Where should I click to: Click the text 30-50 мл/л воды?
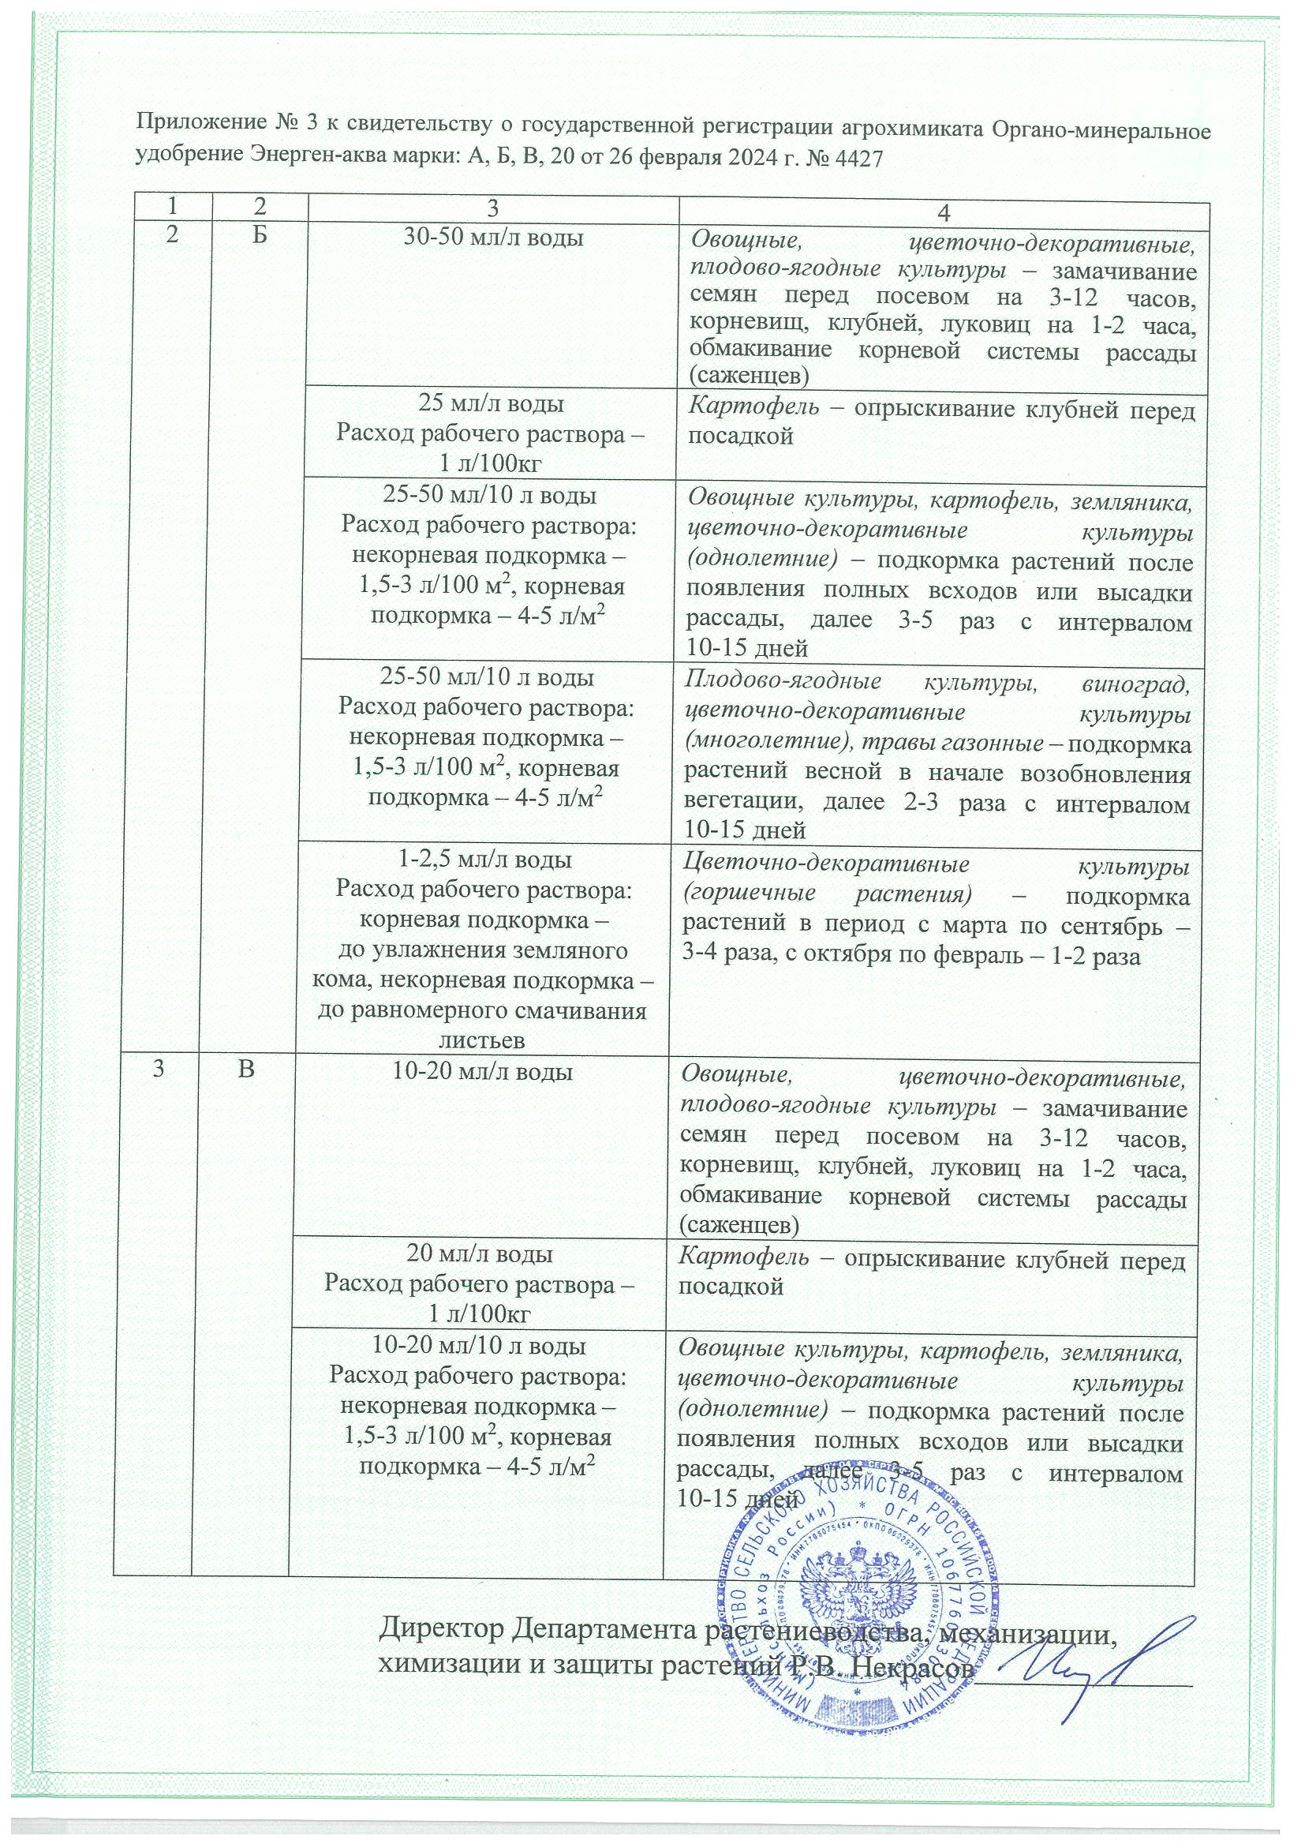coord(492,238)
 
